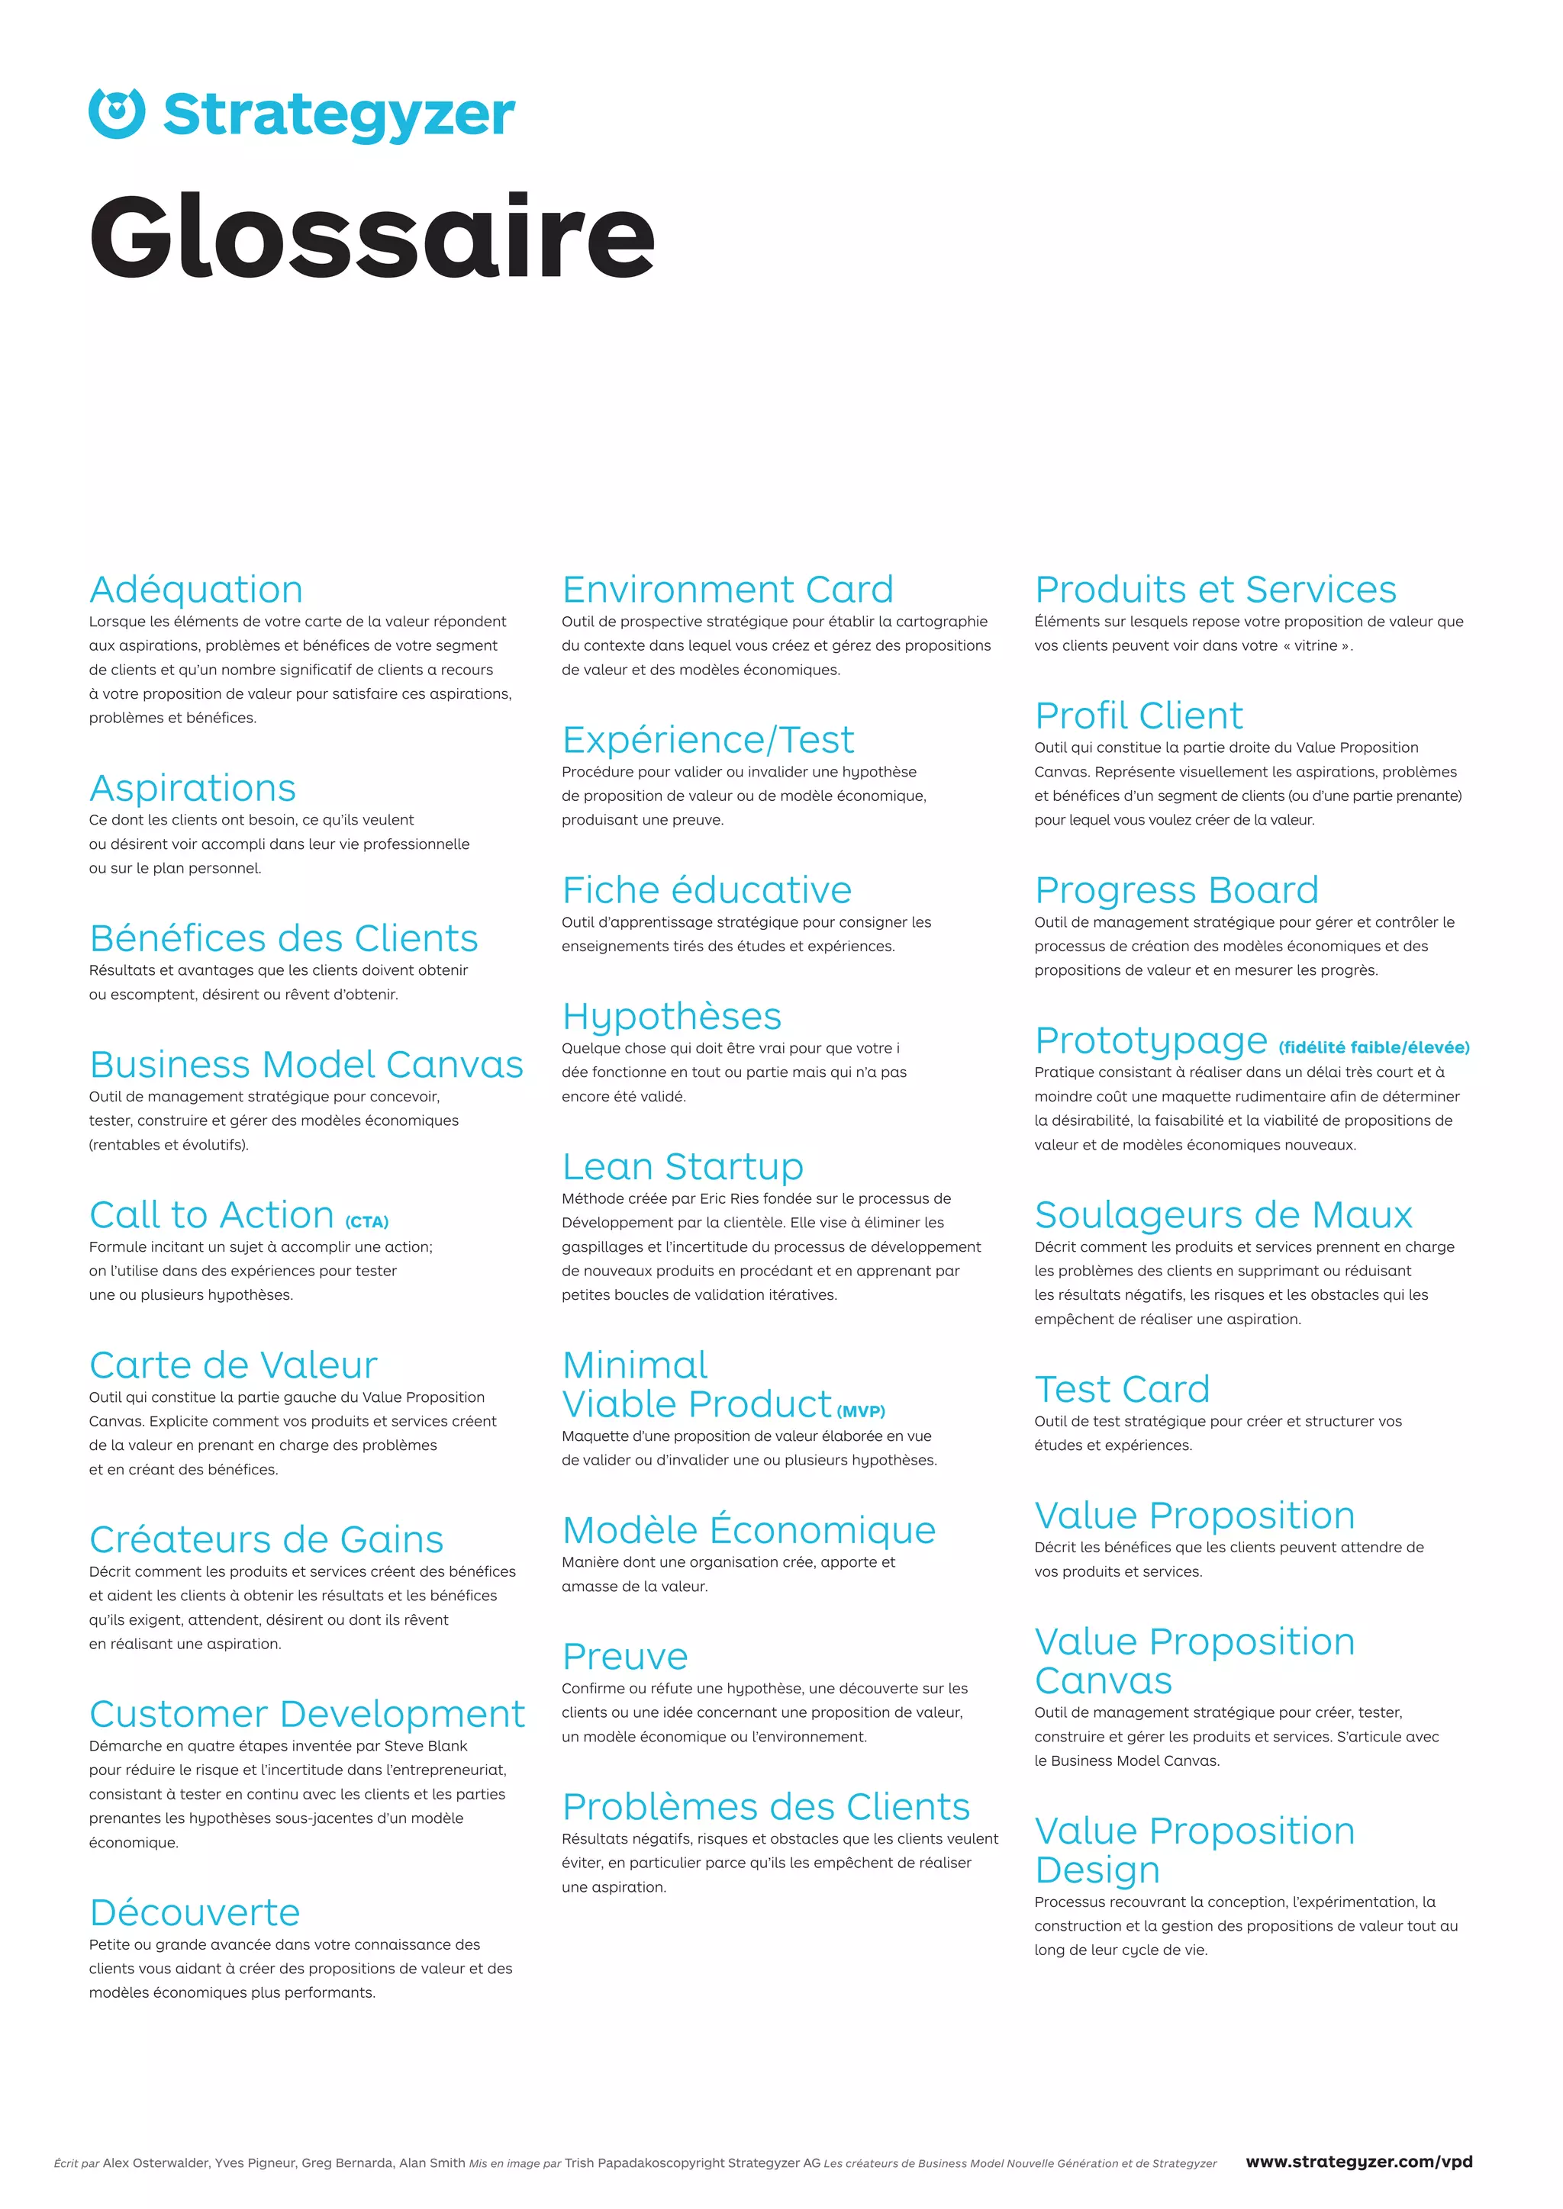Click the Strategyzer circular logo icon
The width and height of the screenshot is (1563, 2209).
[x=117, y=114]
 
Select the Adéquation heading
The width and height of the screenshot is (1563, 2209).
[x=196, y=590]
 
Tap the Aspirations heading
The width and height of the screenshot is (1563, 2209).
[x=192, y=788]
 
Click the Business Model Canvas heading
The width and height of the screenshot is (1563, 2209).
[x=306, y=1064]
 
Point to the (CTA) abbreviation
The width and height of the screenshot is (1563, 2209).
[x=366, y=1222]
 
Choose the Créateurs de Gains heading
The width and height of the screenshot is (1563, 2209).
[x=266, y=1539]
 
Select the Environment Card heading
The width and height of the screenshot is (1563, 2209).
[x=727, y=590]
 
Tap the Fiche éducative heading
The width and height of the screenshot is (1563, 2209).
[x=707, y=890]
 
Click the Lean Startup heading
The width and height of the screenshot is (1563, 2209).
[x=682, y=1166]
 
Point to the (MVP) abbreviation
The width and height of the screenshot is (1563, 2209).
[x=860, y=1411]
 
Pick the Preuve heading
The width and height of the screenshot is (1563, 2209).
[x=624, y=1656]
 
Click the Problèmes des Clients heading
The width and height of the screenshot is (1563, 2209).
[x=766, y=1807]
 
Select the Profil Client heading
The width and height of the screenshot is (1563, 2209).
[x=1139, y=715]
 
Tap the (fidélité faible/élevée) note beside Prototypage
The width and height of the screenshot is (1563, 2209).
[x=1374, y=1048]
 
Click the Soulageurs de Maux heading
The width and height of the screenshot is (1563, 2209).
[x=1223, y=1215]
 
